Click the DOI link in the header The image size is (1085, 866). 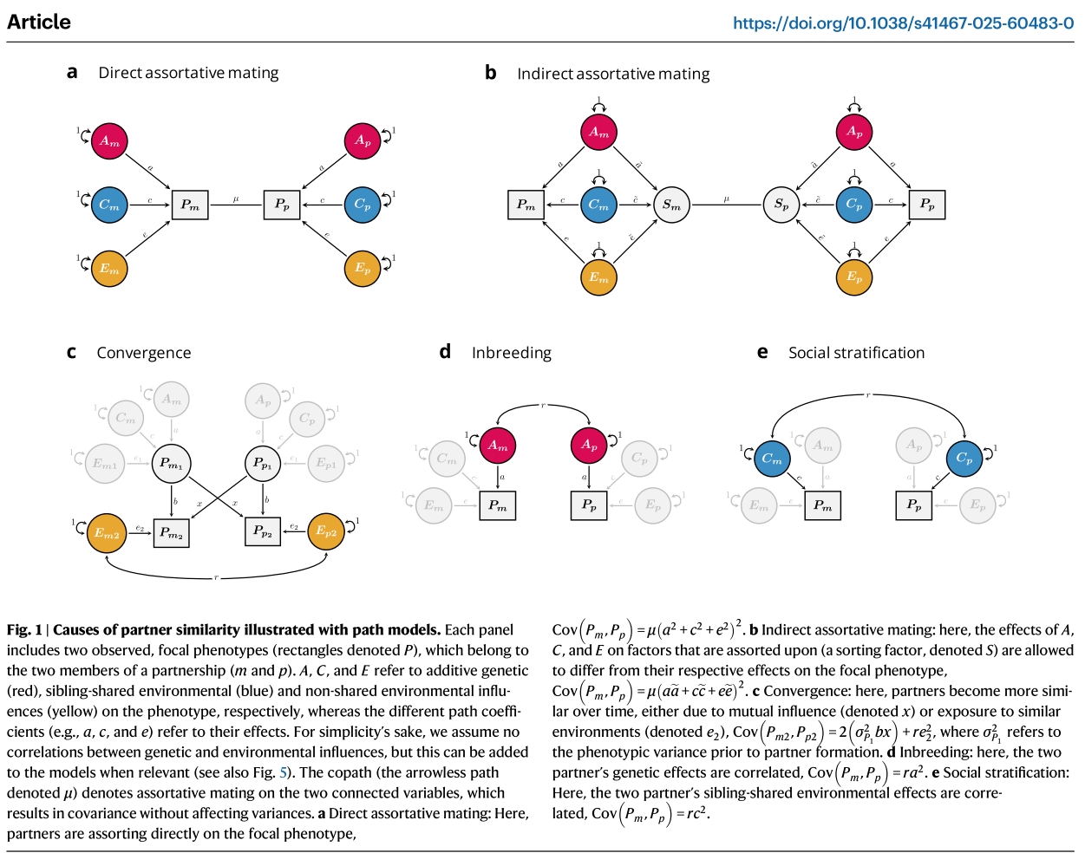pyautogui.click(x=903, y=23)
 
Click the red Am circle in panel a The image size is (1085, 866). pyautogui.click(x=109, y=141)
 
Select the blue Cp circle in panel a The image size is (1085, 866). pyautogui.click(x=363, y=205)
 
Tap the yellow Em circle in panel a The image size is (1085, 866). pyautogui.click(x=109, y=269)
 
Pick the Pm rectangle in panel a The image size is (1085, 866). pyautogui.click(x=190, y=205)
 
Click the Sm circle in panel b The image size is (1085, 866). pyautogui.click(x=671, y=205)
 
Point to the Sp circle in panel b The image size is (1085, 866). pyautogui.click(x=781, y=205)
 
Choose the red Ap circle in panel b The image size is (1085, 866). pyautogui.click(x=854, y=132)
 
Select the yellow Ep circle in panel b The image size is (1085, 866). pyautogui.click(x=854, y=277)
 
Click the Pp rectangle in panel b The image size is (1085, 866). pyautogui.click(x=927, y=205)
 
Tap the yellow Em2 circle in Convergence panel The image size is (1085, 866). pyautogui.click(x=108, y=532)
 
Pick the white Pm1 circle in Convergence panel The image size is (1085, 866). pyautogui.click(x=171, y=464)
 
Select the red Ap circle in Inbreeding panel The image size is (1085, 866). pyautogui.click(x=589, y=445)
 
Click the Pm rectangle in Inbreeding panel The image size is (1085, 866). pyautogui.click(x=498, y=505)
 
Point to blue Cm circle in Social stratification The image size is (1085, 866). pyautogui.click(x=772, y=459)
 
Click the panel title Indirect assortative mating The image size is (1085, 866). pyautogui.click(x=613, y=74)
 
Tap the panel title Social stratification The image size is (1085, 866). pyautogui.click(x=856, y=353)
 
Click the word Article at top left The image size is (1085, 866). pyautogui.click(x=39, y=23)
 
